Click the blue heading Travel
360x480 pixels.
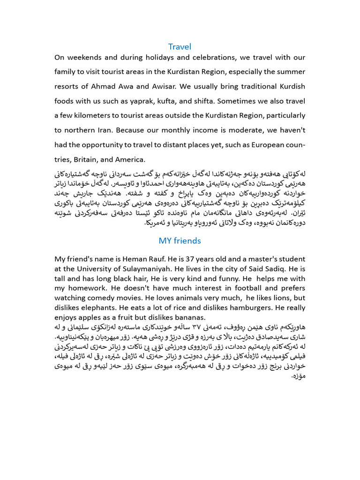(180, 46)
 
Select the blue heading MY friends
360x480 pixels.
(180, 240)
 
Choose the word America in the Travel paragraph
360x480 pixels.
(132, 158)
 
